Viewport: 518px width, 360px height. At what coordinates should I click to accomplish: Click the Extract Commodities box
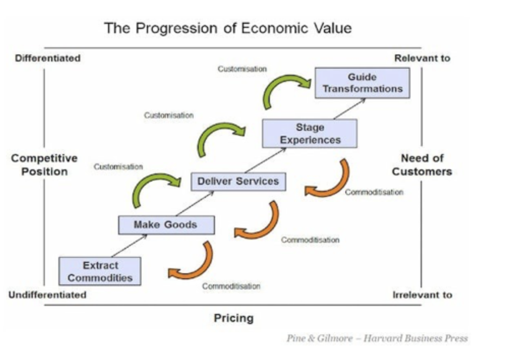point(100,272)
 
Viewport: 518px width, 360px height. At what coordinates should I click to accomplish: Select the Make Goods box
point(166,225)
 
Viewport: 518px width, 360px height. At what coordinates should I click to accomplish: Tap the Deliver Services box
point(238,181)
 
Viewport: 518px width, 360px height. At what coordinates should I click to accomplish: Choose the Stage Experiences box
point(309,133)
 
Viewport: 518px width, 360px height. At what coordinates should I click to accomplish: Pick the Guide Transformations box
point(362,83)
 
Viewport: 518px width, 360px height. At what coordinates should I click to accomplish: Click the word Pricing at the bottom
point(234,318)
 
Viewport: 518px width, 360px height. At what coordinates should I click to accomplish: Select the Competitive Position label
point(44,165)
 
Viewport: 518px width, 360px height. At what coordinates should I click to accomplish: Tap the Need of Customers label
point(422,165)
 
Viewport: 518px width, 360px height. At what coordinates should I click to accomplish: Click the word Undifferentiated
point(48,295)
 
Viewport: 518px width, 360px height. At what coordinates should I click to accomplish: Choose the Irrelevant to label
point(422,295)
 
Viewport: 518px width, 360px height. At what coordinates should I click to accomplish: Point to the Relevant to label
point(422,58)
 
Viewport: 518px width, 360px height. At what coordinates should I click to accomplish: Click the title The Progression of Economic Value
point(228,28)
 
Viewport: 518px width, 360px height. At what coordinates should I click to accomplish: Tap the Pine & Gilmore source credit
point(377,338)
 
